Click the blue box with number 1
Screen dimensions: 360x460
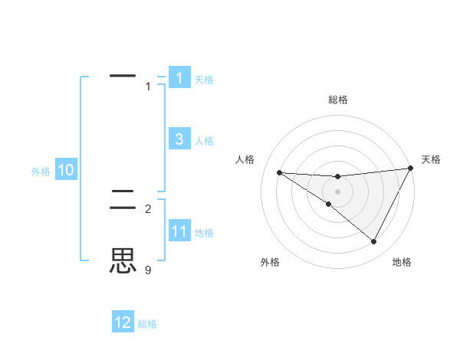point(179,78)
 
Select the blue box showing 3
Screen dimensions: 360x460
point(179,139)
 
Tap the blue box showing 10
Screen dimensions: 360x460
point(66,170)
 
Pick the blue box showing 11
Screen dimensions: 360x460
point(179,231)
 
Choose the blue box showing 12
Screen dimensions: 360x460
point(123,322)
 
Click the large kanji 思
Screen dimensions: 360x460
point(123,261)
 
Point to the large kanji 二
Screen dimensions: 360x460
point(123,201)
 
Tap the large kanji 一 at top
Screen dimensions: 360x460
point(123,76)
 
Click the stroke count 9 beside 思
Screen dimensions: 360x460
point(148,270)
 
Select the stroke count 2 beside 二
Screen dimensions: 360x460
point(148,208)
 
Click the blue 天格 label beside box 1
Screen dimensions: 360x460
point(204,80)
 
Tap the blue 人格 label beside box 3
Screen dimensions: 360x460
point(204,141)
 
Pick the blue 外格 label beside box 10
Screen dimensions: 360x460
point(41,172)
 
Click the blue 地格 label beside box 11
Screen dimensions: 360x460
point(204,233)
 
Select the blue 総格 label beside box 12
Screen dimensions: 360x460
point(147,325)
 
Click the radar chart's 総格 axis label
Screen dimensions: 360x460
point(338,100)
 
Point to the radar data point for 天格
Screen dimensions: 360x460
point(411,169)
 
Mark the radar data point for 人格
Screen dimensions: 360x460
point(279,172)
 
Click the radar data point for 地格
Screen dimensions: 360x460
point(374,242)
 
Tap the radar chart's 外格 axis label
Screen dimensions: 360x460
point(270,262)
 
